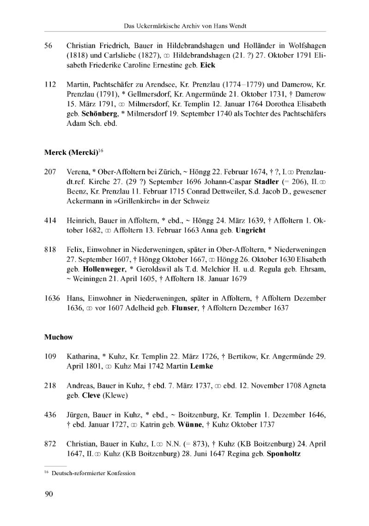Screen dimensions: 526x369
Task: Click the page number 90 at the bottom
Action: coord(49,495)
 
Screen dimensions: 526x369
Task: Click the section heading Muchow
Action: coord(59,337)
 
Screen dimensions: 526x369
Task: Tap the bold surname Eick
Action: coord(208,65)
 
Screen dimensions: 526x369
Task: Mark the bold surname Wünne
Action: coord(185,425)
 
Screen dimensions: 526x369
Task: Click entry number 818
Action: coord(50,249)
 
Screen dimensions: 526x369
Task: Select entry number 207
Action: coord(50,171)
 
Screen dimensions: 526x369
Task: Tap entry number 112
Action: coord(50,85)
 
